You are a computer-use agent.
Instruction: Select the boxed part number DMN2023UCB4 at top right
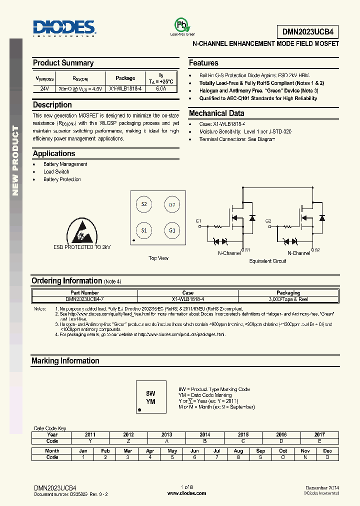pyautogui.click(x=307, y=32)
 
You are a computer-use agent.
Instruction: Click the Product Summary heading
pyautogui.click(x=63, y=63)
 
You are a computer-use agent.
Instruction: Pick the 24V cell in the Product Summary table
pyautogui.click(x=44, y=88)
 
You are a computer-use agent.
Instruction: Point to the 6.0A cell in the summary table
pyautogui.click(x=161, y=88)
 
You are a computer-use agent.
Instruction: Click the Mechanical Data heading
pyautogui.click(x=216, y=113)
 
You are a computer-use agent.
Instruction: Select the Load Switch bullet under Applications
pyautogui.click(x=56, y=171)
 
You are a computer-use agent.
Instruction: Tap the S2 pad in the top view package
pyautogui.click(x=144, y=204)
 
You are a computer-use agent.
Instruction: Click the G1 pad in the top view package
pyautogui.click(x=172, y=230)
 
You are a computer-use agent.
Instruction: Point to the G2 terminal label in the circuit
pyautogui.click(x=268, y=220)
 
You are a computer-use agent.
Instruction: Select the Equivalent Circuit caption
pyautogui.click(x=267, y=261)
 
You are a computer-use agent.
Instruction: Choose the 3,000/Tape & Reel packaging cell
pyautogui.click(x=288, y=298)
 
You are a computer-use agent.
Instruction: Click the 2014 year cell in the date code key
pyautogui.click(x=204, y=434)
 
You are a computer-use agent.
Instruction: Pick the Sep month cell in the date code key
pyautogui.click(x=260, y=450)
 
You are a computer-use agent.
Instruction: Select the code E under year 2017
pyautogui.click(x=319, y=441)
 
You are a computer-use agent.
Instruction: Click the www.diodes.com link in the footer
pyautogui.click(x=186, y=493)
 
